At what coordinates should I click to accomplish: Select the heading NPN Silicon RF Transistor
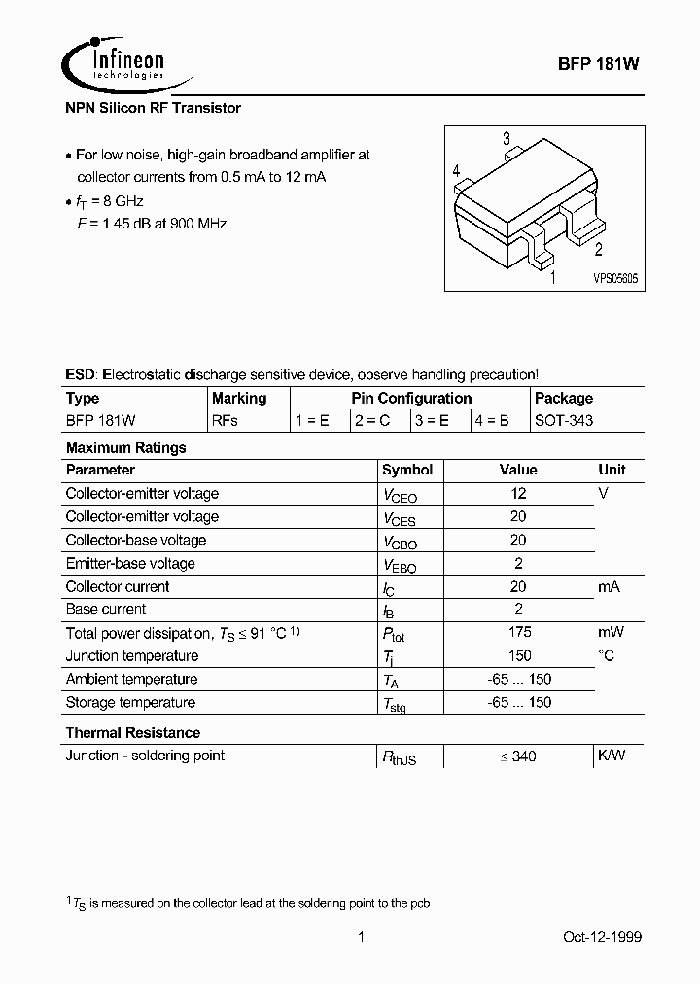click(x=153, y=108)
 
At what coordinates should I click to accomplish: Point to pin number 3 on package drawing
click(x=506, y=138)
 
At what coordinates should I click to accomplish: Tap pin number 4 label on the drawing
click(x=456, y=172)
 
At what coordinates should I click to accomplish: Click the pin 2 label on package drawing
click(x=598, y=250)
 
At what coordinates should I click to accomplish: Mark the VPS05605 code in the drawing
click(x=615, y=277)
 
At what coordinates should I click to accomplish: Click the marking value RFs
click(x=225, y=421)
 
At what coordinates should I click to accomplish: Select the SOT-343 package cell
click(x=564, y=421)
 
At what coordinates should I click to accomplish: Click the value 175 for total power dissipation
click(x=518, y=632)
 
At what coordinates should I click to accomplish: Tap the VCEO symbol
click(x=400, y=495)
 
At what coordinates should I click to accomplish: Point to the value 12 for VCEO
click(x=518, y=493)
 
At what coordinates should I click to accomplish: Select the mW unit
click(x=611, y=632)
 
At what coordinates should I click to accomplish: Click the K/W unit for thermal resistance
click(x=612, y=756)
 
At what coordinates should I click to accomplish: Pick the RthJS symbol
click(x=400, y=757)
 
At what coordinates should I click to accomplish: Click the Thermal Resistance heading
click(x=132, y=732)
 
